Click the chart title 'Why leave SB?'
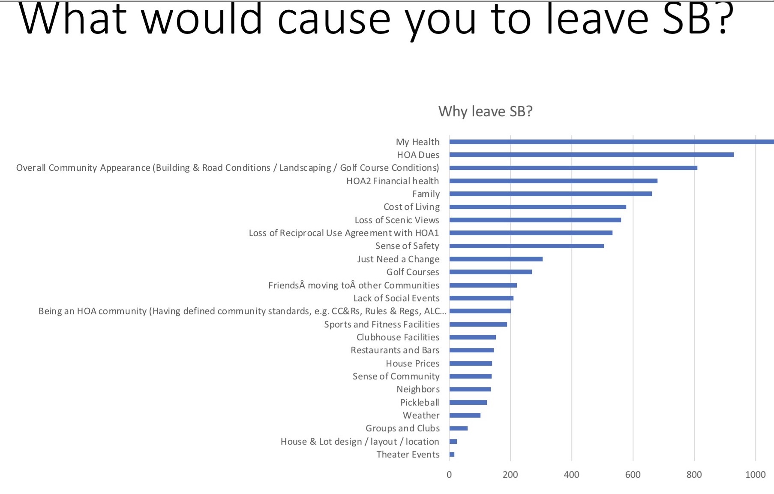click(485, 112)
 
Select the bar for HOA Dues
click(591, 155)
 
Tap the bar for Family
click(550, 194)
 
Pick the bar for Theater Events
click(452, 455)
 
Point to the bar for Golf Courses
click(490, 272)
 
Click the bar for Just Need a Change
click(496, 259)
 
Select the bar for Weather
click(465, 415)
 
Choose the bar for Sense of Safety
click(526, 246)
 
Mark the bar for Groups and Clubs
click(458, 428)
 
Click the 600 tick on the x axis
click(633, 475)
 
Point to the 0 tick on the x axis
click(449, 475)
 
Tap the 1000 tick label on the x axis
click(755, 475)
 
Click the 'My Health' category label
click(417, 142)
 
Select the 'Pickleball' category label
click(420, 403)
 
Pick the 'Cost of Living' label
click(411, 207)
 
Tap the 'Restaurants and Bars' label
click(395, 350)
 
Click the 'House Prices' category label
click(412, 364)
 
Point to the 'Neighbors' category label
click(418, 389)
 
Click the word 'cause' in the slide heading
click(334, 19)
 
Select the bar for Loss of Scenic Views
click(535, 220)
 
